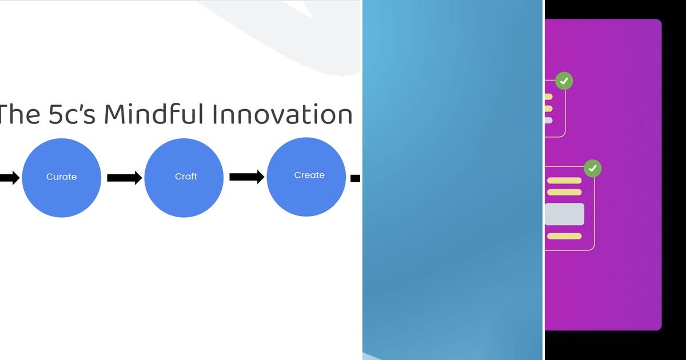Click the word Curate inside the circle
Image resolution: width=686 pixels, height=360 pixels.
[x=61, y=177]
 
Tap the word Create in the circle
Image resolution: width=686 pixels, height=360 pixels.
[x=309, y=175]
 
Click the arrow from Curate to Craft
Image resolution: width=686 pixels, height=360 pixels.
[x=124, y=178]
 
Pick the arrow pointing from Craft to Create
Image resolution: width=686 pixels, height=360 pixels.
[x=246, y=177]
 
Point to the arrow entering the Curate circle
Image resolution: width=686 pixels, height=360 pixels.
[x=9, y=178]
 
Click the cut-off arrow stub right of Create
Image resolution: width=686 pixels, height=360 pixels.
[x=355, y=178]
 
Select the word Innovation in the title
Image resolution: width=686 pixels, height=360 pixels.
[x=282, y=114]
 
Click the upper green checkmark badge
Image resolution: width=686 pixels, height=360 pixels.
[x=564, y=81]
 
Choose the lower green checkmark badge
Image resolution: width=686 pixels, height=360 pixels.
[x=593, y=168]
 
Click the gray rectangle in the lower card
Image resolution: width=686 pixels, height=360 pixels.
[x=564, y=214]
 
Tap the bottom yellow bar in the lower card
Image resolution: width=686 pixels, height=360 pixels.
[x=564, y=236]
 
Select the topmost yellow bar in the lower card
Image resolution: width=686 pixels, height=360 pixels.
[x=564, y=181]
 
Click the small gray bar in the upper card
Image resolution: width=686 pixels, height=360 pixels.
[x=548, y=120]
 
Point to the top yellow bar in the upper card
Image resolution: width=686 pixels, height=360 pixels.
[x=548, y=97]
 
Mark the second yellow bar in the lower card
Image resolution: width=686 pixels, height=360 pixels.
[x=564, y=192]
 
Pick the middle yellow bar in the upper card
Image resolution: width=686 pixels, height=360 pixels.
[x=548, y=109]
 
